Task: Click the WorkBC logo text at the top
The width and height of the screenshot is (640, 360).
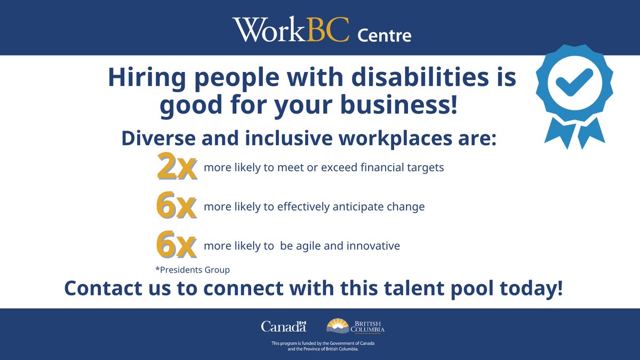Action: click(290, 30)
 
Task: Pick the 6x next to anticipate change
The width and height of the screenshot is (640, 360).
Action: click(177, 206)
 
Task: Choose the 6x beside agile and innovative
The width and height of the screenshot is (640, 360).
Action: click(177, 245)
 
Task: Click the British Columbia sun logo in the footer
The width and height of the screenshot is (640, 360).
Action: click(338, 325)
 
